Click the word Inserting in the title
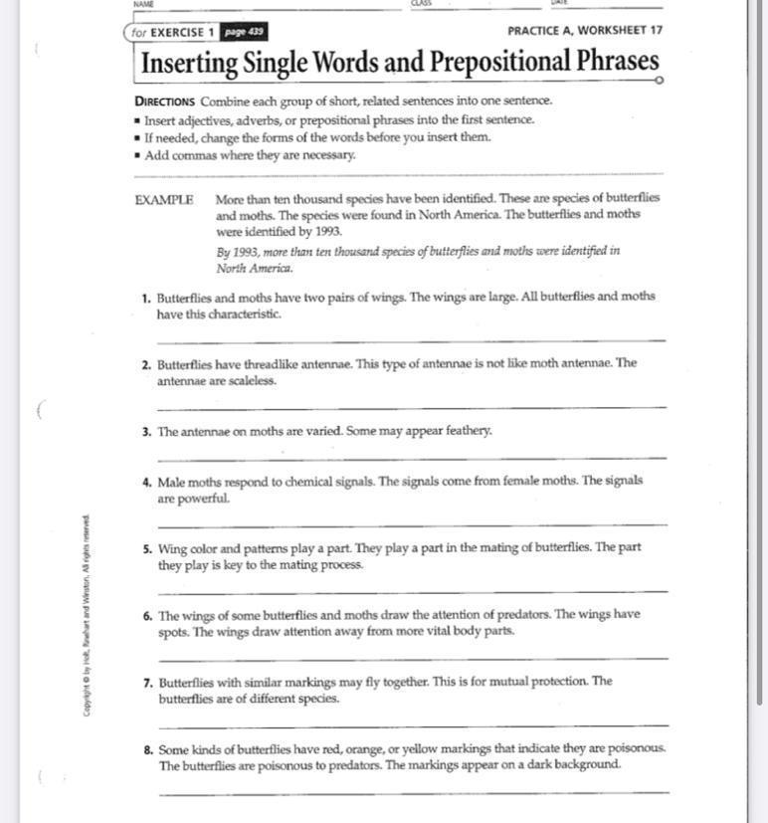click(187, 64)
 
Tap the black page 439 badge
click(243, 32)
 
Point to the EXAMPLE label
click(164, 199)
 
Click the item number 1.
click(146, 298)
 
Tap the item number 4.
click(147, 482)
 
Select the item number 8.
click(147, 749)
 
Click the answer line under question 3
click(411, 458)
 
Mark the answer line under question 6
click(411, 659)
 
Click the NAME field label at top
click(143, 4)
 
